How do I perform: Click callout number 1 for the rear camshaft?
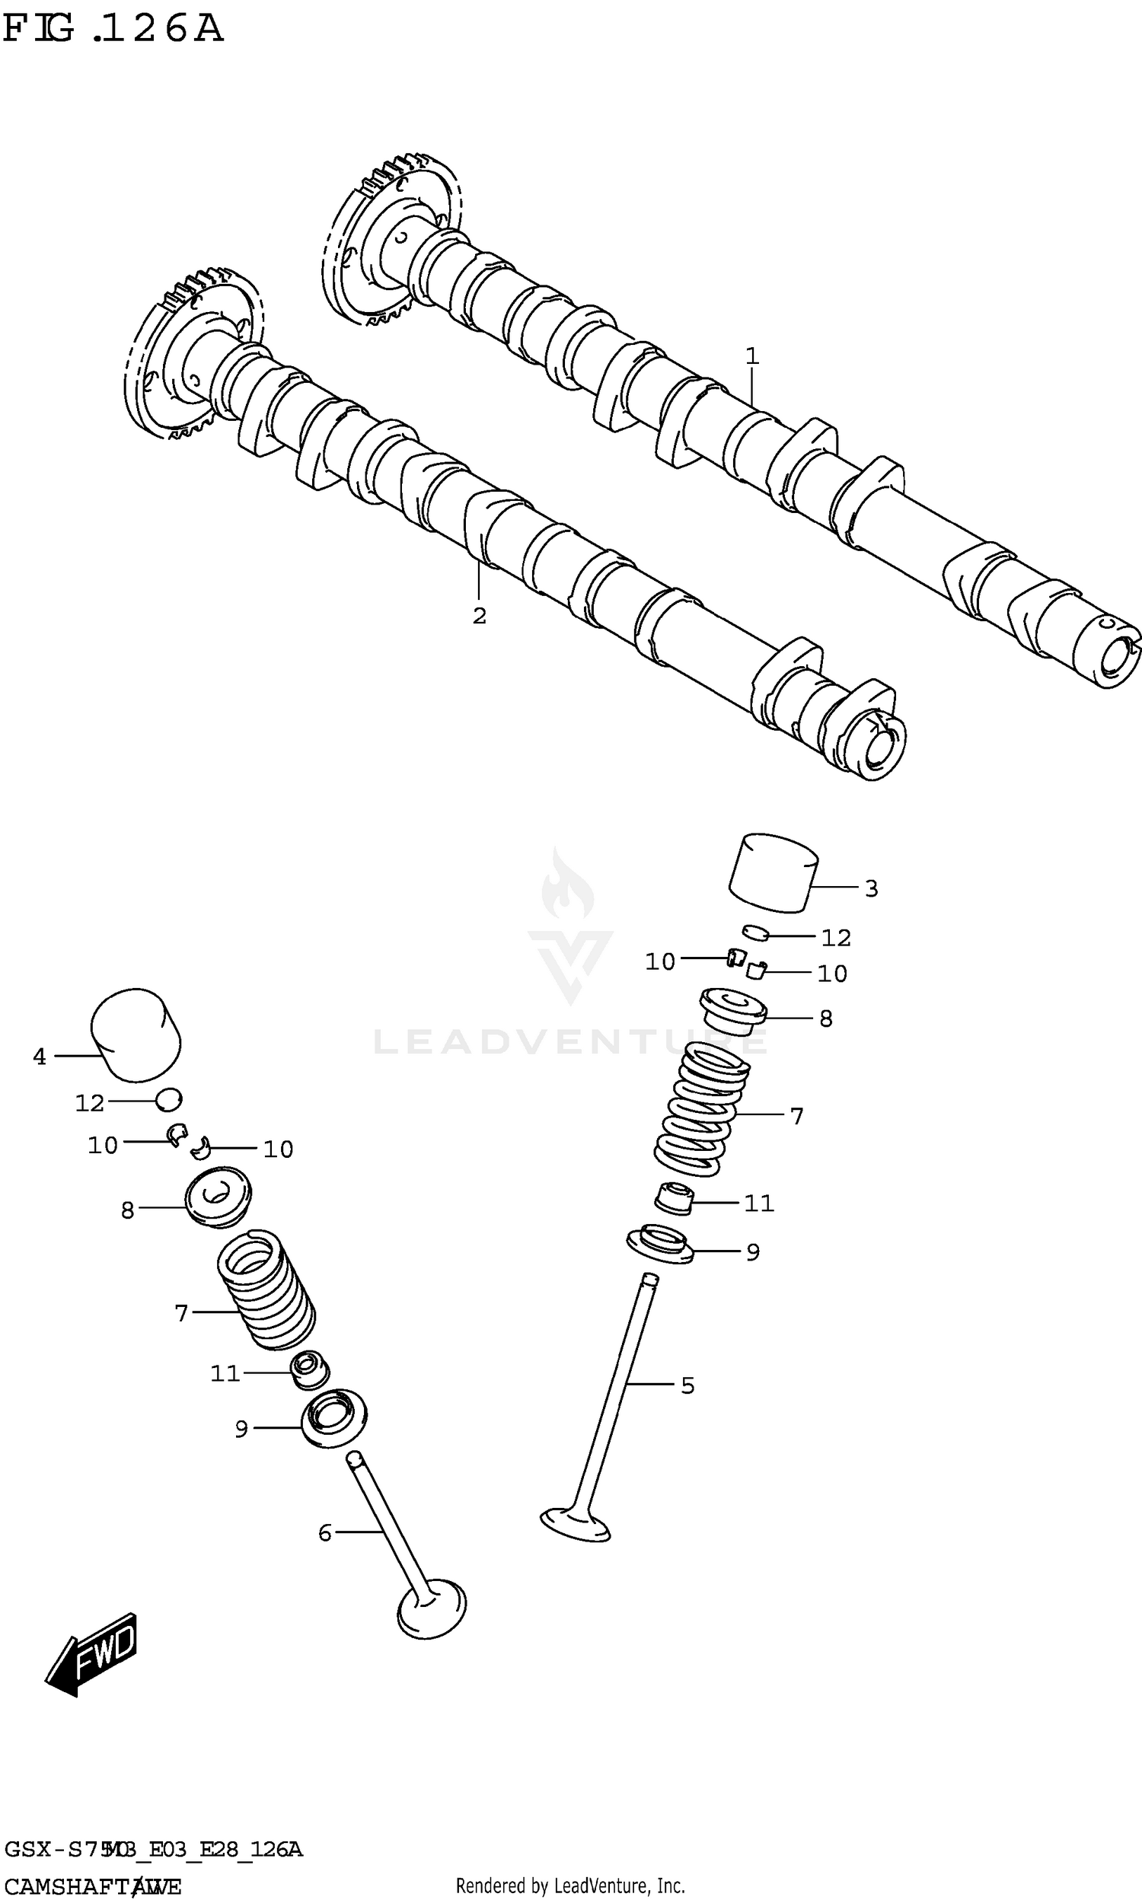click(x=752, y=356)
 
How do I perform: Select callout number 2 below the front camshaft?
click(x=479, y=615)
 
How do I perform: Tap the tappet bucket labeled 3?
click(x=773, y=873)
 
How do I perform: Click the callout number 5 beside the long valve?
click(x=687, y=1385)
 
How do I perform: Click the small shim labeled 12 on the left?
click(x=169, y=1100)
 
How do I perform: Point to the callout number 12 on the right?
click(x=836, y=938)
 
